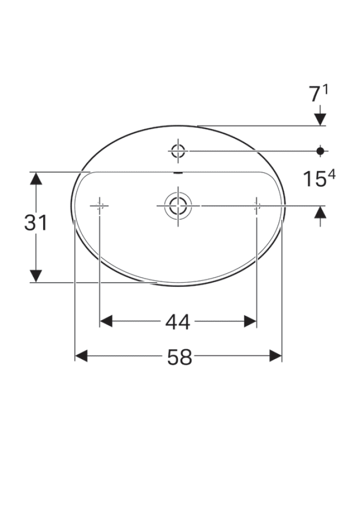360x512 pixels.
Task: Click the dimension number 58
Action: click(179, 357)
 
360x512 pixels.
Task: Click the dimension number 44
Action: click(178, 322)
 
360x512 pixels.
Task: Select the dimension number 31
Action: click(36, 223)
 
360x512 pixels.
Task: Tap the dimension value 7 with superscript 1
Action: click(319, 94)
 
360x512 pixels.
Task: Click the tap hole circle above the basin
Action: click(178, 151)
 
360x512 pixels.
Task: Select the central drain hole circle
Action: click(178, 205)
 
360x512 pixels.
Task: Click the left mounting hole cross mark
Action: click(100, 205)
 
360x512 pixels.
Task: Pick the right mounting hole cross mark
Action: click(257, 205)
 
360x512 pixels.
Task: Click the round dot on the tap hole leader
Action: click(321, 151)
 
